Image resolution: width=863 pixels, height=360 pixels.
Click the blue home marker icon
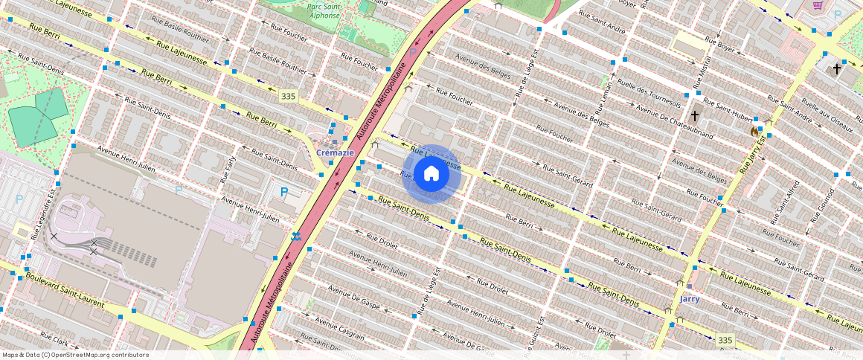coord(431,174)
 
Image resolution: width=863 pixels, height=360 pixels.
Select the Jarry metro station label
coord(690,299)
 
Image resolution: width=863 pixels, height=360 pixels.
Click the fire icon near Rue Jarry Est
coord(754,132)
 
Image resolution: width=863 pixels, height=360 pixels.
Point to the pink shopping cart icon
coord(818,6)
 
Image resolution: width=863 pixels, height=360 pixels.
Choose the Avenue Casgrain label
coord(340,327)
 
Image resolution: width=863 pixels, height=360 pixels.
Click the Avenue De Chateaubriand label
coord(675,123)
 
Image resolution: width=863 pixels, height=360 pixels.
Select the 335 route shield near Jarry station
coord(725,340)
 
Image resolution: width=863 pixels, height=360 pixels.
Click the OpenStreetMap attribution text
coord(75,355)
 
